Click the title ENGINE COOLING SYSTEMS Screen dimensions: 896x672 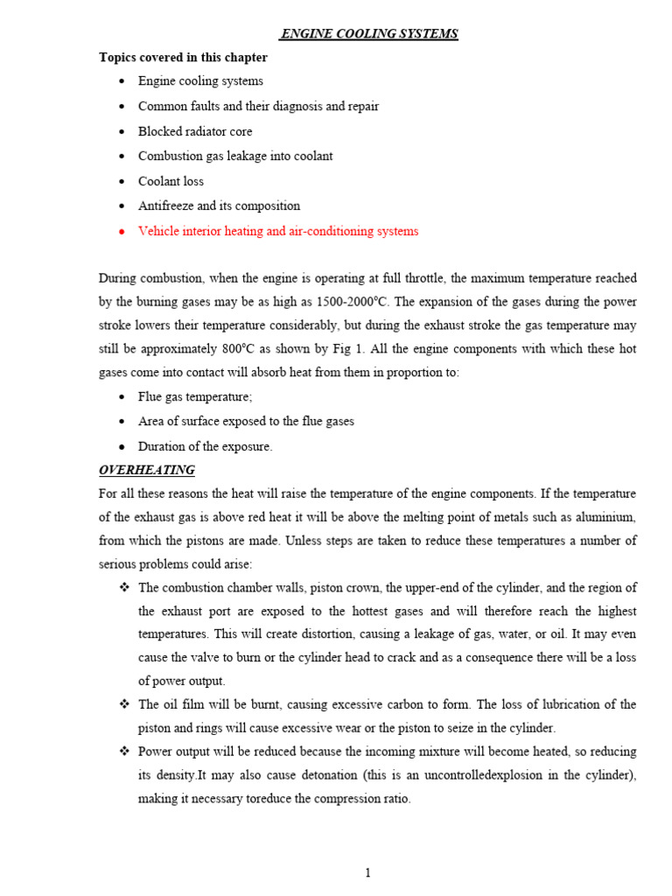(x=368, y=34)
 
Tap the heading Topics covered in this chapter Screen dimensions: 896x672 (x=183, y=58)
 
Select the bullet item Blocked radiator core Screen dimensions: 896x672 (x=195, y=131)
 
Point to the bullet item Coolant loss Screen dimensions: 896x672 (x=171, y=181)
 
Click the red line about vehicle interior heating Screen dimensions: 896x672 (x=278, y=231)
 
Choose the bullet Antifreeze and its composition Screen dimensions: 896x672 (x=219, y=206)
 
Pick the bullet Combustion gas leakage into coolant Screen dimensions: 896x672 (x=235, y=156)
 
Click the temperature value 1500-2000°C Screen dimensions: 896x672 (x=337, y=303)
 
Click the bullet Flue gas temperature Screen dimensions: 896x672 (x=195, y=396)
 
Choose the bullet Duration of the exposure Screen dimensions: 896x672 (x=206, y=446)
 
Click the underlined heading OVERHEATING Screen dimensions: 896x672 (x=147, y=470)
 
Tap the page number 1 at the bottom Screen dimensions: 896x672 (x=368, y=873)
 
